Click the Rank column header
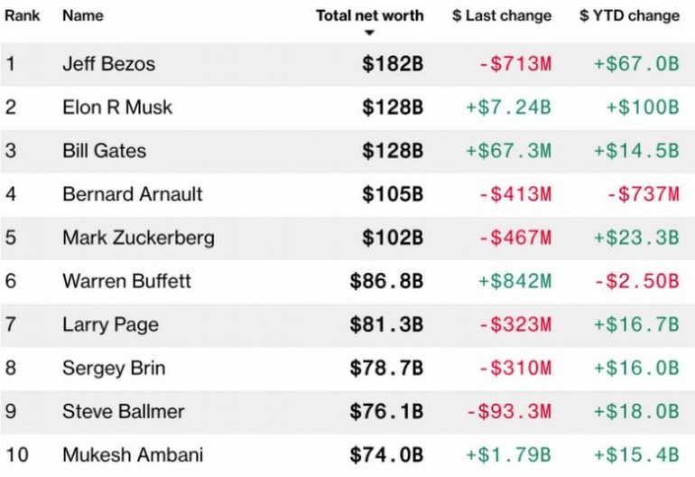21,15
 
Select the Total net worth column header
369,15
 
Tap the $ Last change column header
501,15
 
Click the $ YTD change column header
629,15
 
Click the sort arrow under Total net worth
369,33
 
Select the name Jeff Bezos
108,64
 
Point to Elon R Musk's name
117,108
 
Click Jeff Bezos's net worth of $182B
393,64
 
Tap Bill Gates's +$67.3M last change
508,151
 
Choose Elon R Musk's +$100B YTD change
642,108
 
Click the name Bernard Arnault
133,194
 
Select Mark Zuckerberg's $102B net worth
393,238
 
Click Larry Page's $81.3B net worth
386,324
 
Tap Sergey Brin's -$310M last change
514,368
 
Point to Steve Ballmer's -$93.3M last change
508,412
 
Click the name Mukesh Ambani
133,455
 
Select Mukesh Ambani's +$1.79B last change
508,455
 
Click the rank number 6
11,281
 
